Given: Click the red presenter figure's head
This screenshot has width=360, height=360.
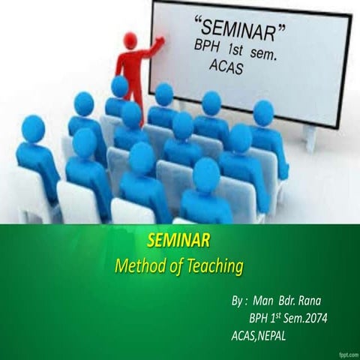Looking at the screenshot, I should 130,40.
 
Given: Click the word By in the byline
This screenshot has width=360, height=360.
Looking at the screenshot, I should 238,301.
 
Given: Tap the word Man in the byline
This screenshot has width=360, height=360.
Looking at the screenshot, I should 263,301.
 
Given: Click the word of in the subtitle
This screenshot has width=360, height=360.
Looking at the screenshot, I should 180,265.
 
